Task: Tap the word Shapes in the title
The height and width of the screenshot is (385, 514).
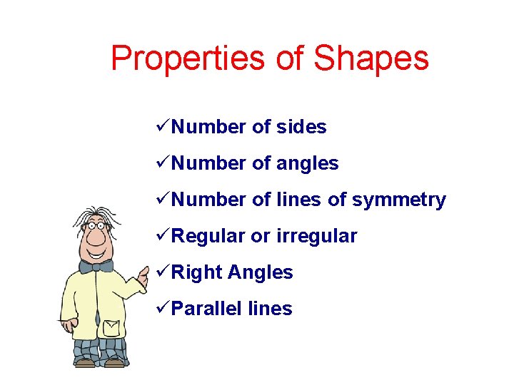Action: (371, 59)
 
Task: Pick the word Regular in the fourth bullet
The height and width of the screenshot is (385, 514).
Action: (208, 236)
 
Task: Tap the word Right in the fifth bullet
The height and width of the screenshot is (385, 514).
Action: (196, 272)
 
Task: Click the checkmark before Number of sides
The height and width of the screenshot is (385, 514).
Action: (162, 126)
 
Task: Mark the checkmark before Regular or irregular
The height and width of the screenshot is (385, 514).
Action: (162, 235)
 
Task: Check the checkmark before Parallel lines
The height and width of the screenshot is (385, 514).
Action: (162, 308)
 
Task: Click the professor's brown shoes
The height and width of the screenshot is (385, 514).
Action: (100, 363)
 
